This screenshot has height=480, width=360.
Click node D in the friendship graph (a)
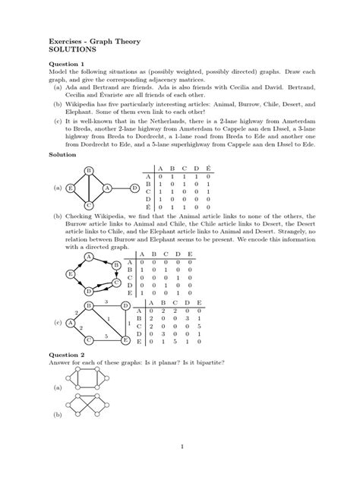click(134, 188)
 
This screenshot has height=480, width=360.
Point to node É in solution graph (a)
click(70, 188)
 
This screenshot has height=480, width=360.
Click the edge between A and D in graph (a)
click(122, 188)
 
